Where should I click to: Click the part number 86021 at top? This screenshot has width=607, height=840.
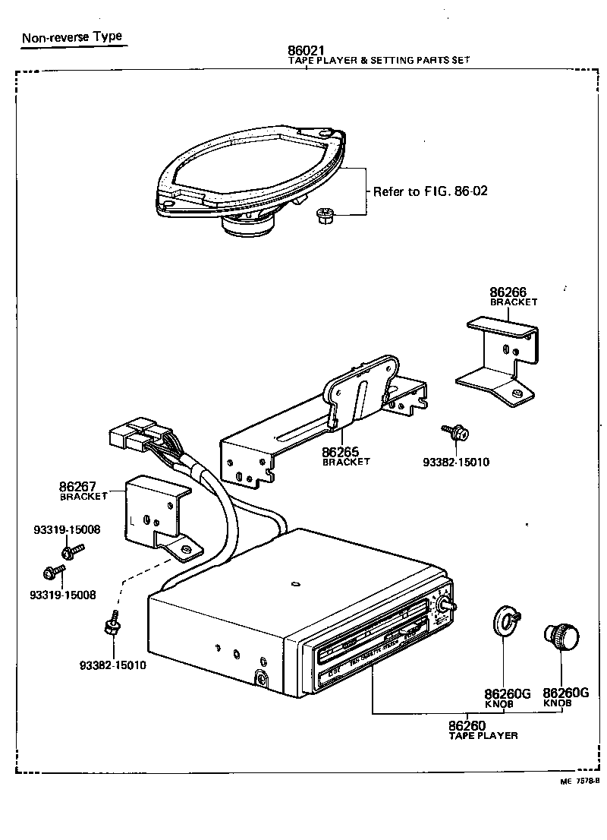305,52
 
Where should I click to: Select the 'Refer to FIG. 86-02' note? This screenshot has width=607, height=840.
429,191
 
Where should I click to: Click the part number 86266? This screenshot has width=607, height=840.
508,292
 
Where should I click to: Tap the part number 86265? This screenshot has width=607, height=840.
341,451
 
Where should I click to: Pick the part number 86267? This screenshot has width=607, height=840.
78,486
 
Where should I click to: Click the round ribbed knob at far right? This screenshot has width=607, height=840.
560,636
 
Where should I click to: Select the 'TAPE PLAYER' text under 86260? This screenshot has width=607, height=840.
483,736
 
